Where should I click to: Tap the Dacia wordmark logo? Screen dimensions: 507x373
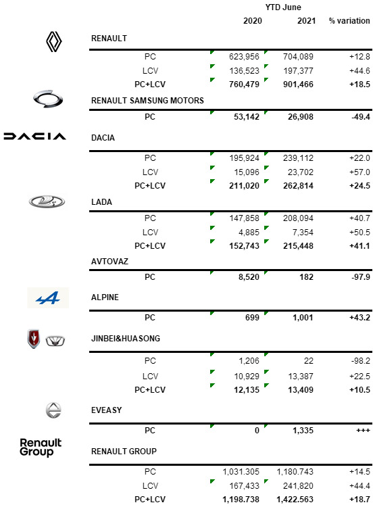click(34, 137)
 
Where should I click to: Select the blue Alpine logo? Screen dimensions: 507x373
click(48, 297)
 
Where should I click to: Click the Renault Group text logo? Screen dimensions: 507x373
click(41, 447)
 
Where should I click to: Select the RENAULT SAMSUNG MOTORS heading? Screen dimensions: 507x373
click(147, 101)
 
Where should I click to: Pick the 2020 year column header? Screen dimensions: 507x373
click(253, 21)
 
